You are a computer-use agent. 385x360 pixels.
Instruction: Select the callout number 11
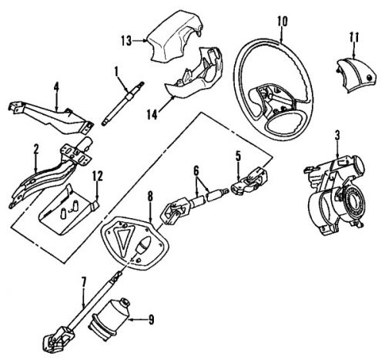354,37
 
